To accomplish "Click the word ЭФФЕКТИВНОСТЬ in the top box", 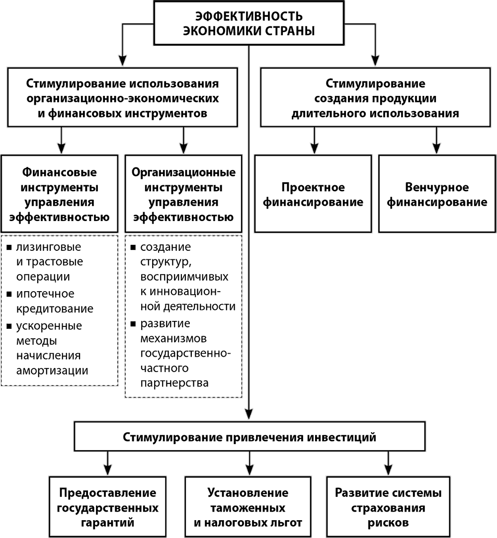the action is (249, 16).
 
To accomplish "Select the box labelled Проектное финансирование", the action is (313, 194).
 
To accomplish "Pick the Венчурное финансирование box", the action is (437, 194).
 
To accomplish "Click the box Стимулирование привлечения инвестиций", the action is (249, 437).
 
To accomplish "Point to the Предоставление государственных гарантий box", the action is (107, 507).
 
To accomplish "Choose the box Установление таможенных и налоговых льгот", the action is (248, 507).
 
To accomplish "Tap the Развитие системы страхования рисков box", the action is (388, 507).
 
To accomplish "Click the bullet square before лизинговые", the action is (9, 247).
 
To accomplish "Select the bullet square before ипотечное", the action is (9, 294).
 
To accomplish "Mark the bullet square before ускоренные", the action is (9, 326).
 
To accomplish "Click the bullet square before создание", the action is (133, 247).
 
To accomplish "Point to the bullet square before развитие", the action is (133, 323).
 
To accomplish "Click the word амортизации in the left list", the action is (52, 371).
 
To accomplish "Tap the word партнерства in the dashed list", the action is (174, 383).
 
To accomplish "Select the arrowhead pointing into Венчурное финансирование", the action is (436, 148).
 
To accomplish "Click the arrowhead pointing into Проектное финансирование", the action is (314, 148).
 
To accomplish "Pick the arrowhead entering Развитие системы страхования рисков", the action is (388, 470).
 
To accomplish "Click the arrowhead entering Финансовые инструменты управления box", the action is (62, 148).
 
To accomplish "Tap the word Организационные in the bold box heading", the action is (183, 172).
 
